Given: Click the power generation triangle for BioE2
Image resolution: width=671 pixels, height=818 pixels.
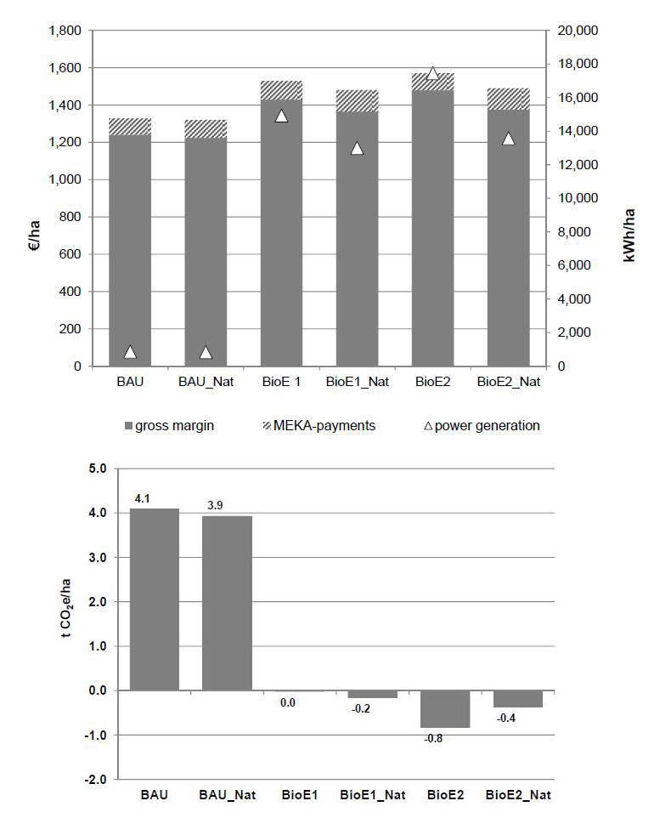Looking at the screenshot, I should (x=432, y=74).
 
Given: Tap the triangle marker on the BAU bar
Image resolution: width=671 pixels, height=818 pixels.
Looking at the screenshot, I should (x=130, y=352).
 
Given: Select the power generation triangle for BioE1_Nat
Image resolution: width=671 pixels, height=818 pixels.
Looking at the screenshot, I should (x=357, y=148).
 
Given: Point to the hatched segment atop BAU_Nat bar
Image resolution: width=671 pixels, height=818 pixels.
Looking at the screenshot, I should (x=206, y=128).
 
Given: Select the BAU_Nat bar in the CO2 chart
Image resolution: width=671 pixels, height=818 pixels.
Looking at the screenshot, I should (x=227, y=603).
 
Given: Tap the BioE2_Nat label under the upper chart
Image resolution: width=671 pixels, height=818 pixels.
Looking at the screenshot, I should (x=508, y=382).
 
